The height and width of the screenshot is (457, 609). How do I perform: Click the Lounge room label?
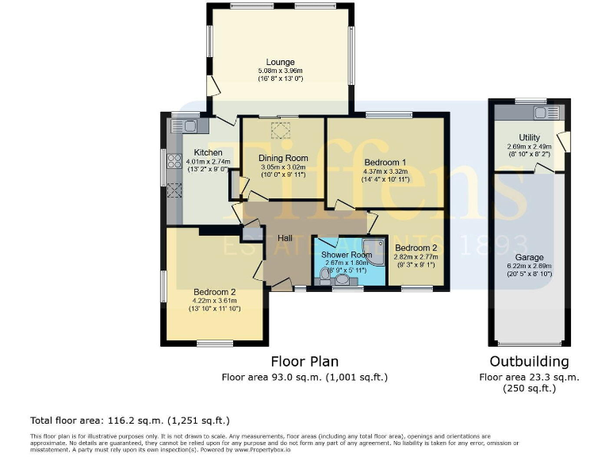click(x=280, y=62)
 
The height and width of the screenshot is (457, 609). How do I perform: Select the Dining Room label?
click(x=283, y=158)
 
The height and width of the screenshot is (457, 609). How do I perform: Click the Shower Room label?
click(x=342, y=255)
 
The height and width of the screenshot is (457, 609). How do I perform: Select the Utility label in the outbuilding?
click(x=529, y=138)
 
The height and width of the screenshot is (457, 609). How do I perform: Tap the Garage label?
click(x=529, y=258)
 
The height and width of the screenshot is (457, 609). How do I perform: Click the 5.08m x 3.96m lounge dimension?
click(x=280, y=71)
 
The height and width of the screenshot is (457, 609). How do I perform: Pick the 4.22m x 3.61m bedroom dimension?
click(x=214, y=301)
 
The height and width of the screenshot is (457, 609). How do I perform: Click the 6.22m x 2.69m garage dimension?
click(x=529, y=267)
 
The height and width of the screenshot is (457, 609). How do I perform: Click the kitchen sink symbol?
click(x=186, y=125)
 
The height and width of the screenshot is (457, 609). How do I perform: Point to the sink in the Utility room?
click(x=544, y=112)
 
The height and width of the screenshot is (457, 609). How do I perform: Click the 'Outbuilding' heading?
click(x=530, y=363)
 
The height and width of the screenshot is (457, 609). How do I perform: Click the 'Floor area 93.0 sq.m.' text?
click(x=304, y=378)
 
